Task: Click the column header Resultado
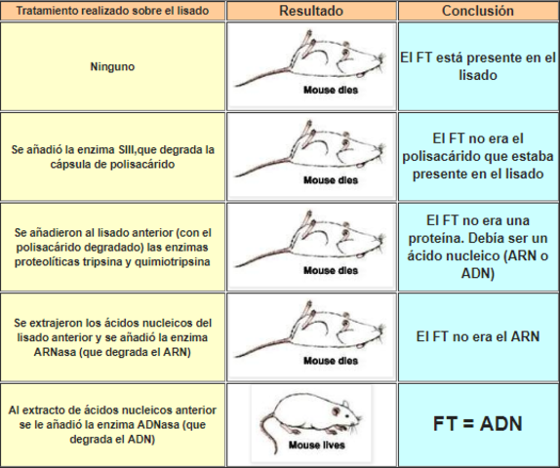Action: (311, 11)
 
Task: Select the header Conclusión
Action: (477, 11)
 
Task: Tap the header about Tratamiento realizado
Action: (114, 12)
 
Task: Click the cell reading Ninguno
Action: (114, 67)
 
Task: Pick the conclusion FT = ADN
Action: (477, 424)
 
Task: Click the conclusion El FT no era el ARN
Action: (477, 336)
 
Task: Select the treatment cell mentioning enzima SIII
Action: (114, 156)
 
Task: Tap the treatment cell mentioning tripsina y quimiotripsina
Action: (114, 248)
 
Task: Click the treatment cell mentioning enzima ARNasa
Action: (114, 336)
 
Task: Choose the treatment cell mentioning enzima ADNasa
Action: (114, 424)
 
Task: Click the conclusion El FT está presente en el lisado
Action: (477, 66)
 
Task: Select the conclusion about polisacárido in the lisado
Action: (477, 156)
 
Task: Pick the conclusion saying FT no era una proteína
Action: (477, 247)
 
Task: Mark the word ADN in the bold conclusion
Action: (501, 424)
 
